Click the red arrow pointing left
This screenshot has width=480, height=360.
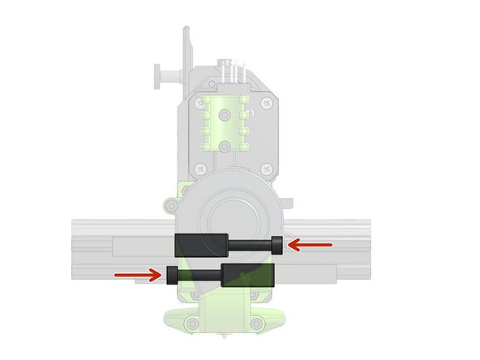[x=310, y=243]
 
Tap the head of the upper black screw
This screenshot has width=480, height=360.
[x=277, y=243]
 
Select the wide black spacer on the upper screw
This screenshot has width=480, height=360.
[x=197, y=243]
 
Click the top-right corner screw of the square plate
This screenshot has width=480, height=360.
[x=265, y=103]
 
